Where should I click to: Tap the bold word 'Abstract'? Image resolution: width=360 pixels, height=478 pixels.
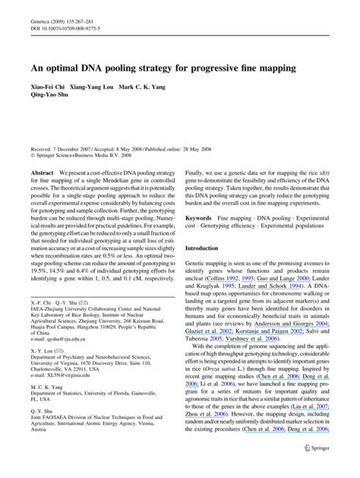(x=43, y=174)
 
